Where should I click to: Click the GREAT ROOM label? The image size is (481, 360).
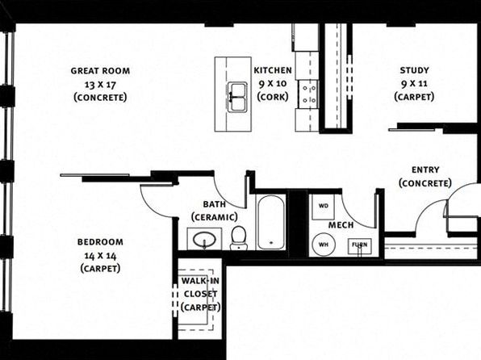[x=100, y=71]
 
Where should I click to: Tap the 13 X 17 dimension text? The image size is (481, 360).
[x=100, y=85]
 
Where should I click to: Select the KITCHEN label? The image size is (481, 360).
[x=273, y=70]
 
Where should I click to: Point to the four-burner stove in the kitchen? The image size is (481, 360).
[x=309, y=94]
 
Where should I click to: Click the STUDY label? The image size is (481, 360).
[x=414, y=70]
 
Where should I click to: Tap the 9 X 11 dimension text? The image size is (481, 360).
[x=414, y=83]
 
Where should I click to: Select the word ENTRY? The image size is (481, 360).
[x=425, y=170]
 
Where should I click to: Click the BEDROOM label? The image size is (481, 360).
[x=100, y=242]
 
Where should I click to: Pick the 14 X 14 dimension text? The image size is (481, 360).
[x=100, y=255]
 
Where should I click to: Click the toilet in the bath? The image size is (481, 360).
[x=238, y=237]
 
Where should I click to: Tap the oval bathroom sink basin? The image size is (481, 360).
[x=204, y=239]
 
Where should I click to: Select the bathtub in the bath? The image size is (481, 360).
[x=270, y=222]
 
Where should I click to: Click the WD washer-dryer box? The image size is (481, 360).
[x=323, y=207]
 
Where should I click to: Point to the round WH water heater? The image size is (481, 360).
[x=324, y=245]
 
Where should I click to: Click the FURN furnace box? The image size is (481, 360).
[x=359, y=246]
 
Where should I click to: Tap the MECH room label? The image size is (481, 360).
[x=341, y=225]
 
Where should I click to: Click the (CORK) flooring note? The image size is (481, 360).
[x=273, y=97]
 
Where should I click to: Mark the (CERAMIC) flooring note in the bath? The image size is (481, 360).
[x=215, y=217]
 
